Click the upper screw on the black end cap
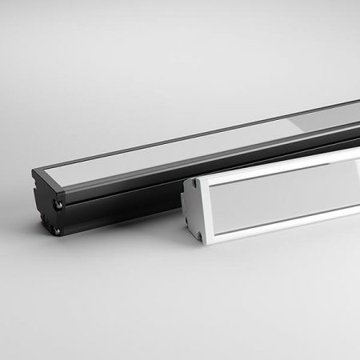click(58, 205)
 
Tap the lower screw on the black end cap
click(58, 232)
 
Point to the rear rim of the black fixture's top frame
click(200, 128)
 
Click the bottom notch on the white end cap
click(196, 231)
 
